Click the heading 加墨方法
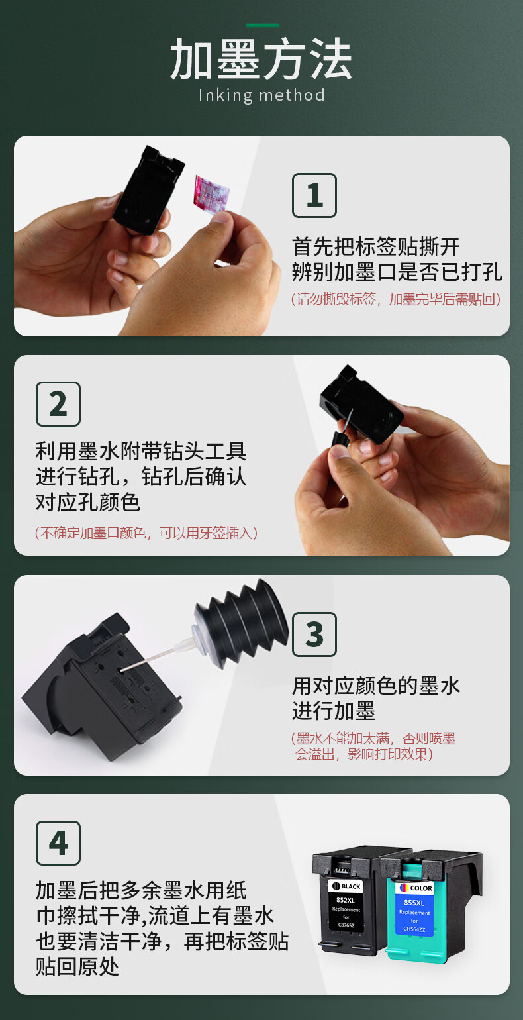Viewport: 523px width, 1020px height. tap(261, 59)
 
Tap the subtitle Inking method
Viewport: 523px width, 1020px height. tap(261, 95)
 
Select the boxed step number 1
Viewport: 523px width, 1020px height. tap(314, 195)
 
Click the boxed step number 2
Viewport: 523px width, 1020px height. tap(58, 404)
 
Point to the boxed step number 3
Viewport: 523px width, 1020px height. tap(314, 635)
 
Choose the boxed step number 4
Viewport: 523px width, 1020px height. tap(58, 843)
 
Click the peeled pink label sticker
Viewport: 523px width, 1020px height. tap(212, 193)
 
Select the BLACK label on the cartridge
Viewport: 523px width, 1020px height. tap(346, 886)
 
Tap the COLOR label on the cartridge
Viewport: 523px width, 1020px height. tap(416, 888)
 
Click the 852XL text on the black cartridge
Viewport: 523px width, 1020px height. tap(346, 900)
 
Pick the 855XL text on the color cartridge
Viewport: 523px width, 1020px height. tap(414, 903)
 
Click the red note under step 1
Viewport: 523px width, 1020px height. tap(396, 299)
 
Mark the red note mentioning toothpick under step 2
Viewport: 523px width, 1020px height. tap(146, 533)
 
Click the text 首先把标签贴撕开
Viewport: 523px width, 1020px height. tap(375, 247)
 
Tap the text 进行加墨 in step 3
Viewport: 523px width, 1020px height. tap(334, 711)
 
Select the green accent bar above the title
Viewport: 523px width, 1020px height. tap(263, 25)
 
